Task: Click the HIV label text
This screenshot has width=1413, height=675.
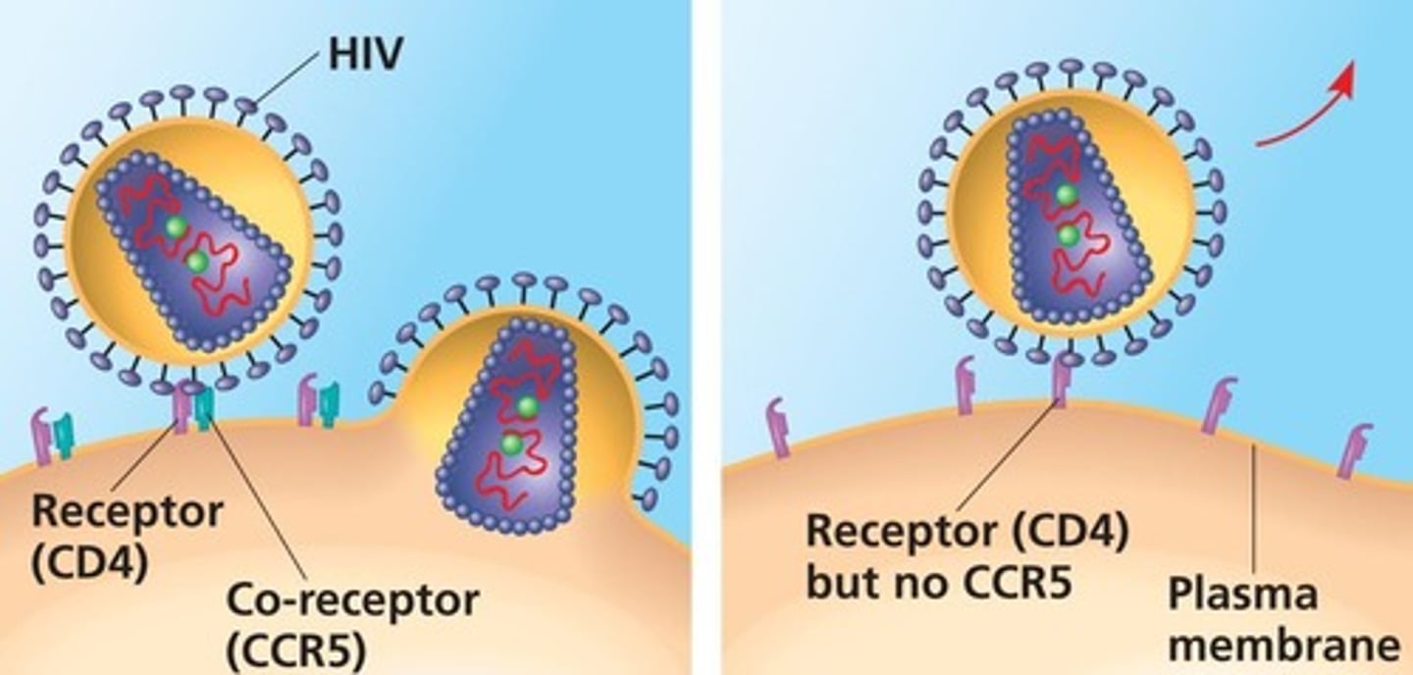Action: coord(364,54)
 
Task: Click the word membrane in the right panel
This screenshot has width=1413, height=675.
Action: coord(1283,647)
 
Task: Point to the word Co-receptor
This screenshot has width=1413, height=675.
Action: coord(352,599)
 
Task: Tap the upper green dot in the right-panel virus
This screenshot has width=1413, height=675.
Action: coord(1066,195)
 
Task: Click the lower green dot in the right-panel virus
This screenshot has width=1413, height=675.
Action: coord(1069,236)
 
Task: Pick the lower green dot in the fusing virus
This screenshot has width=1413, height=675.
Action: coord(510,443)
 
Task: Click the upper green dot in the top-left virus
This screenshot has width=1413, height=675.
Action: coord(176,228)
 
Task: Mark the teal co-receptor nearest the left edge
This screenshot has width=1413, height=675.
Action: coord(64,437)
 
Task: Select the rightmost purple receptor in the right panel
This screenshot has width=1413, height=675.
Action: coord(1357,450)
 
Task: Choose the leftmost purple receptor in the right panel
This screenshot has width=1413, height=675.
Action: coord(778,427)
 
